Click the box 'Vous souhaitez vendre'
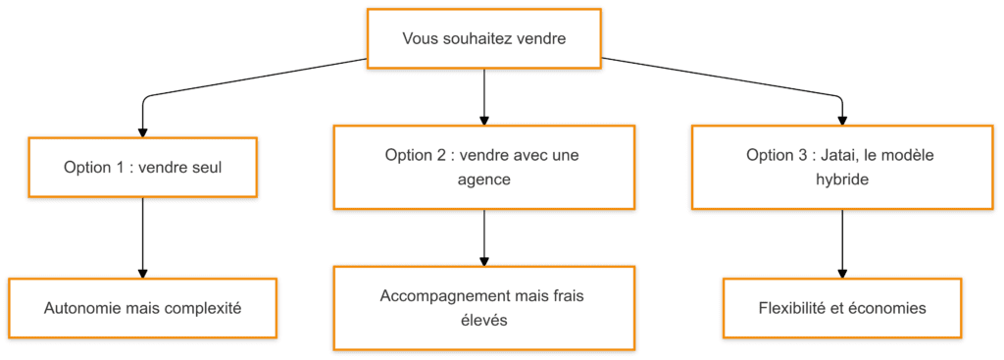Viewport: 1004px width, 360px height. coord(484,38)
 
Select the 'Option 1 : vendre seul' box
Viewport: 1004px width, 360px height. coord(143,167)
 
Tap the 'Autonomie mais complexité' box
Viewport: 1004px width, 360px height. coord(143,308)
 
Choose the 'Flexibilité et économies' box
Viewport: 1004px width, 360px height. coord(842,308)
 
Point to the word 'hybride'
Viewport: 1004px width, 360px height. coord(842,180)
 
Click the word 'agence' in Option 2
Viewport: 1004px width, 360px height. coord(484,180)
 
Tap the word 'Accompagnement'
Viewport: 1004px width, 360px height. coord(436,294)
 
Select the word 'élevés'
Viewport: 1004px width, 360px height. coord(484,320)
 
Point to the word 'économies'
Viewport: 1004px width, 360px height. coord(887,308)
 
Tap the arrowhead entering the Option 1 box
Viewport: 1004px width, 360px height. coord(143,130)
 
